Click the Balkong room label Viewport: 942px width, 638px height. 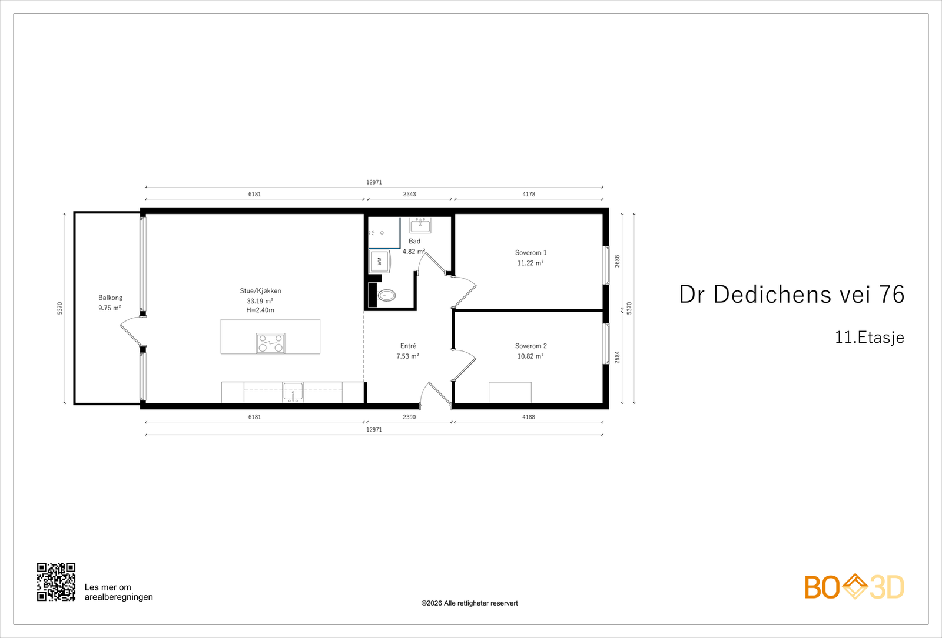point(110,298)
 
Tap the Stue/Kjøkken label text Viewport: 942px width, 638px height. point(260,290)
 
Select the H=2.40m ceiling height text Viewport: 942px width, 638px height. point(260,310)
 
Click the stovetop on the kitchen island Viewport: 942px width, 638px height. point(270,343)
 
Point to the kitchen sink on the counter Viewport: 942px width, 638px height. point(293,392)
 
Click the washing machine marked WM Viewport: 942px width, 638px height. point(380,262)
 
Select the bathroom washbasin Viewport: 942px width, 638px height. point(420,225)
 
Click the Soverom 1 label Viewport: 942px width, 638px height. point(530,253)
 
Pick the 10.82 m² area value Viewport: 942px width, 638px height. point(530,356)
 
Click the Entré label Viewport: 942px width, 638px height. point(408,346)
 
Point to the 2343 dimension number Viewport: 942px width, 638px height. point(410,194)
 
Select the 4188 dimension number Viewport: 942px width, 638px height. point(529,417)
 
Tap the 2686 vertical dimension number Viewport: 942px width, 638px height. point(618,261)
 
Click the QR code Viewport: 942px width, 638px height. point(57,582)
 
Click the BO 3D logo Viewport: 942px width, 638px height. point(854,586)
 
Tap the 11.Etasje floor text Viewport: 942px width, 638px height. point(869,338)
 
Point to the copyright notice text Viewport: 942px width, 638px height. point(469,603)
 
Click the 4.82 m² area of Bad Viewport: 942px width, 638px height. point(414,252)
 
